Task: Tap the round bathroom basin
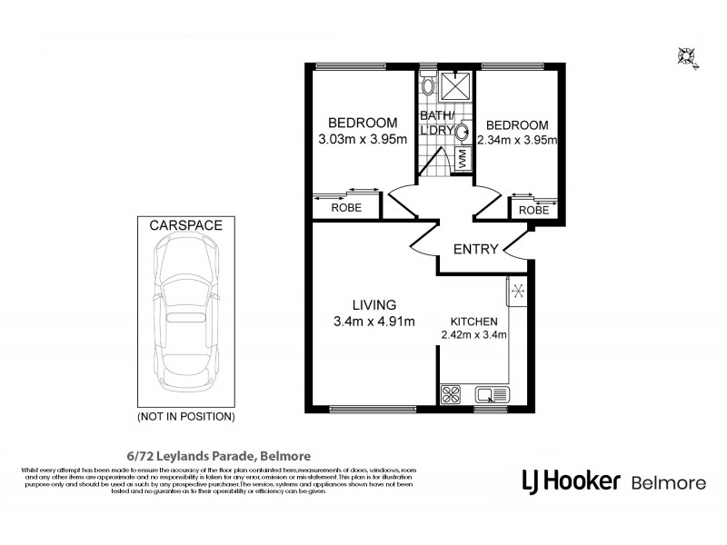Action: [x=463, y=131]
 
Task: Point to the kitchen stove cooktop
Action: [x=450, y=393]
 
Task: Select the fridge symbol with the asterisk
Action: [x=518, y=292]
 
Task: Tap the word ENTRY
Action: [x=475, y=250]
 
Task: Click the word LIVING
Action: [x=375, y=304]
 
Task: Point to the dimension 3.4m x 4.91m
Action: [x=375, y=321]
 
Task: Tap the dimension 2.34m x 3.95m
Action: [x=516, y=140]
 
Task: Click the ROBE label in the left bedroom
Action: [x=345, y=208]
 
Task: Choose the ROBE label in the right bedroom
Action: [x=533, y=210]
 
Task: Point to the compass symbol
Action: [x=687, y=58]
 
